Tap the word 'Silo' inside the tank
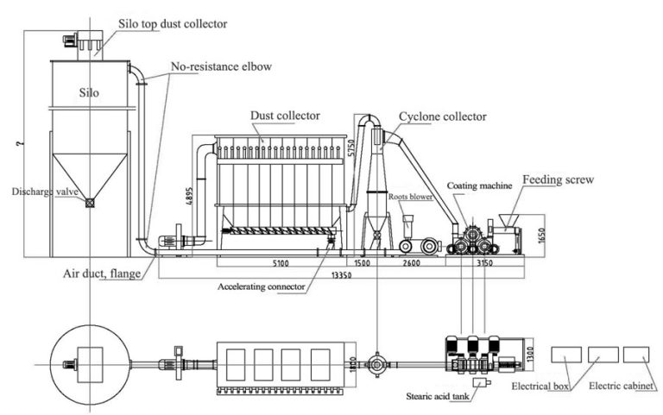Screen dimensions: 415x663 click(x=91, y=91)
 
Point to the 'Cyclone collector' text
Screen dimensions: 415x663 click(x=442, y=116)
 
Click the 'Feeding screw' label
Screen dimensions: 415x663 click(x=557, y=182)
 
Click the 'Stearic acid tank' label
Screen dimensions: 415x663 click(x=439, y=397)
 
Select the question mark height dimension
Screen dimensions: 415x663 click(x=18, y=142)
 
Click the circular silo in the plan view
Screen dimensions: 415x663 click(x=90, y=360)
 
